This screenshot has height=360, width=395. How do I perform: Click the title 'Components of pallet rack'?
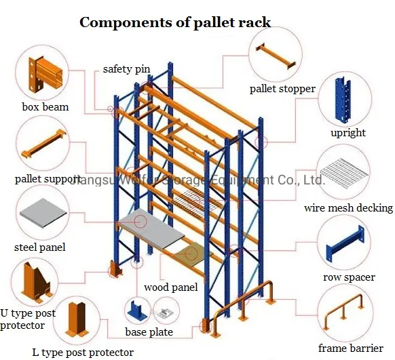click(175, 22)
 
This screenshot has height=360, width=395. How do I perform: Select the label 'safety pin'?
click(126, 69)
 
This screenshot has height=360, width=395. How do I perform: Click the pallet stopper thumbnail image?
click(276, 56)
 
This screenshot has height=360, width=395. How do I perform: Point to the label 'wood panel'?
click(170, 288)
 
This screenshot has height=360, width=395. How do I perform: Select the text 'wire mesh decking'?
click(348, 208)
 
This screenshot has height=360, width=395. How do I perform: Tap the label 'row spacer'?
click(348, 278)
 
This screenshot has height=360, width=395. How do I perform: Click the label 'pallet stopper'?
click(282, 89)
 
